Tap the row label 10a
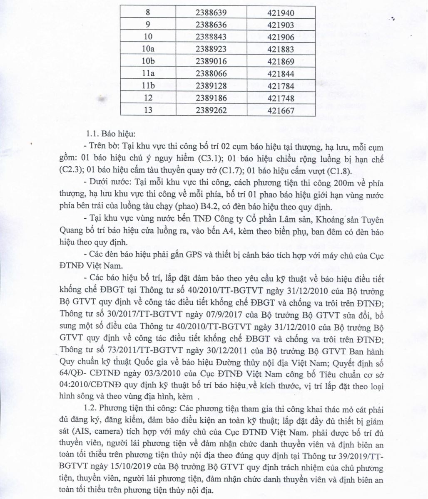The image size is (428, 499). tap(149, 49)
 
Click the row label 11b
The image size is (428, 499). tap(149, 86)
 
